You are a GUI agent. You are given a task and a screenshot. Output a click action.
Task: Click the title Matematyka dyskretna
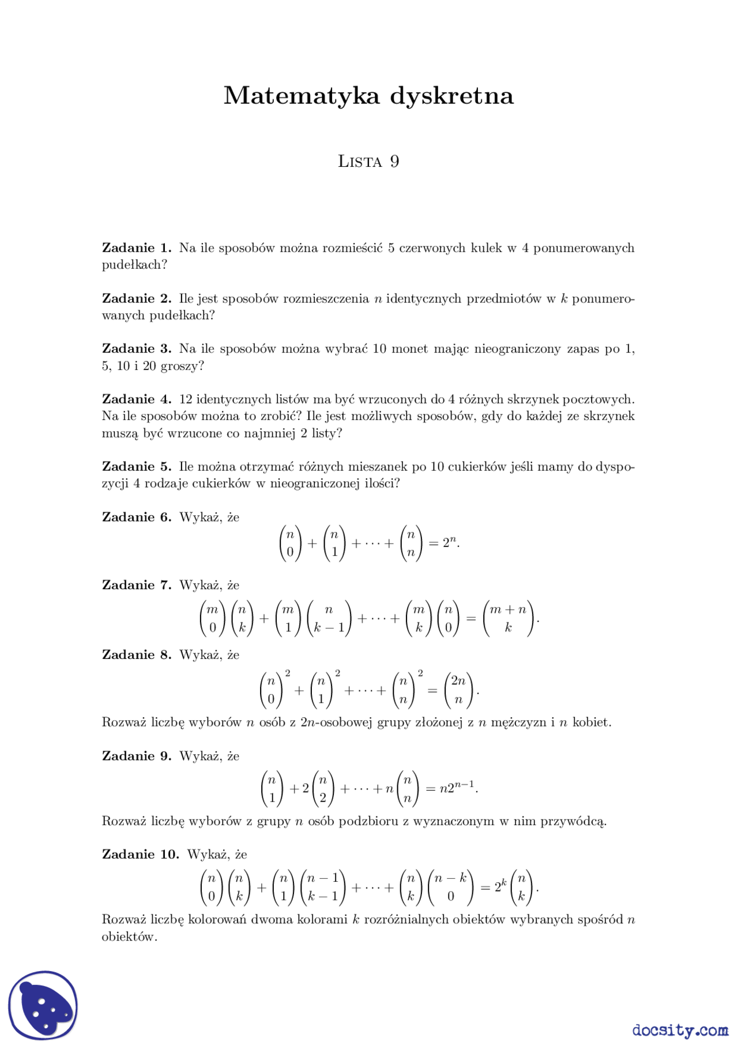[368, 96]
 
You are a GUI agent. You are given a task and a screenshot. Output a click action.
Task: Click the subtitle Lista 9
[368, 162]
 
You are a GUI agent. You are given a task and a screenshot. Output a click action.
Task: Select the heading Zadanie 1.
[137, 248]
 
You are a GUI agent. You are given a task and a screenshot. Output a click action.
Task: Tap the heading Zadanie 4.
[137, 399]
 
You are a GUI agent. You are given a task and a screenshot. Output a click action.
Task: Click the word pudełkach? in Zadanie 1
[134, 265]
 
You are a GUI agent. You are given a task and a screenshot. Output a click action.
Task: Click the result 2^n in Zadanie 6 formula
[450, 543]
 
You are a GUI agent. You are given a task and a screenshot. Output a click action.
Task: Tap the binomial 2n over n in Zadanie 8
[458, 690]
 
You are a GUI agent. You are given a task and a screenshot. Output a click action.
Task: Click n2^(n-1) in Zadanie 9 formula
[457, 788]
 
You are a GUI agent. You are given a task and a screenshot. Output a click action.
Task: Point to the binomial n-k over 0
[451, 887]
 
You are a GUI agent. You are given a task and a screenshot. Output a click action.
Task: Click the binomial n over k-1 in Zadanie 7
[329, 619]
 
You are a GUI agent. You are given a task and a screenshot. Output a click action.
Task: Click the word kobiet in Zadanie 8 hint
[590, 722]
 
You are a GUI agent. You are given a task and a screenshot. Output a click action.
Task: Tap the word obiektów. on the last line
[129, 937]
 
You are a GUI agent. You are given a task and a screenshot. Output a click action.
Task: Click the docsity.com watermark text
[680, 1030]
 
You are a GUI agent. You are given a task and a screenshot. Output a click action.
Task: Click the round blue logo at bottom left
[43, 1005]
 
